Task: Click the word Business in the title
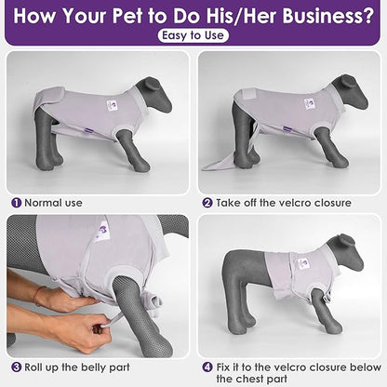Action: [x=328, y=16]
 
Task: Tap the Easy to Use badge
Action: [x=193, y=35]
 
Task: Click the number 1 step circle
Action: [x=17, y=203]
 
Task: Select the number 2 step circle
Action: [x=207, y=203]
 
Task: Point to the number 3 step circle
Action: [x=17, y=367]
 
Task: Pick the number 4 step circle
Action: [x=207, y=367]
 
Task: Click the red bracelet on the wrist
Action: [x=36, y=296]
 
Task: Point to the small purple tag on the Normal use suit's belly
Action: [x=90, y=131]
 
